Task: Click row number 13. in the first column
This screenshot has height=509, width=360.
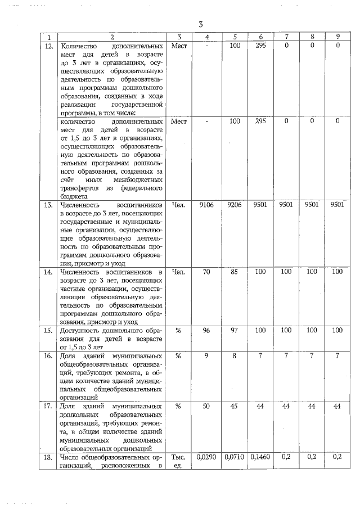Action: click(49, 206)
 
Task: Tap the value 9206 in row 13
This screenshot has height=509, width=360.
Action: click(235, 206)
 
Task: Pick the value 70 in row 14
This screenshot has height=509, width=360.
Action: click(206, 272)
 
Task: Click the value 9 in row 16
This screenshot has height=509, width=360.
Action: click(206, 356)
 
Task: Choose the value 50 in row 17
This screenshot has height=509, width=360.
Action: click(206, 406)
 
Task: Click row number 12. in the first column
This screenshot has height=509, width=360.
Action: click(49, 46)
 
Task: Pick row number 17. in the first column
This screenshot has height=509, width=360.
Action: click(49, 406)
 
